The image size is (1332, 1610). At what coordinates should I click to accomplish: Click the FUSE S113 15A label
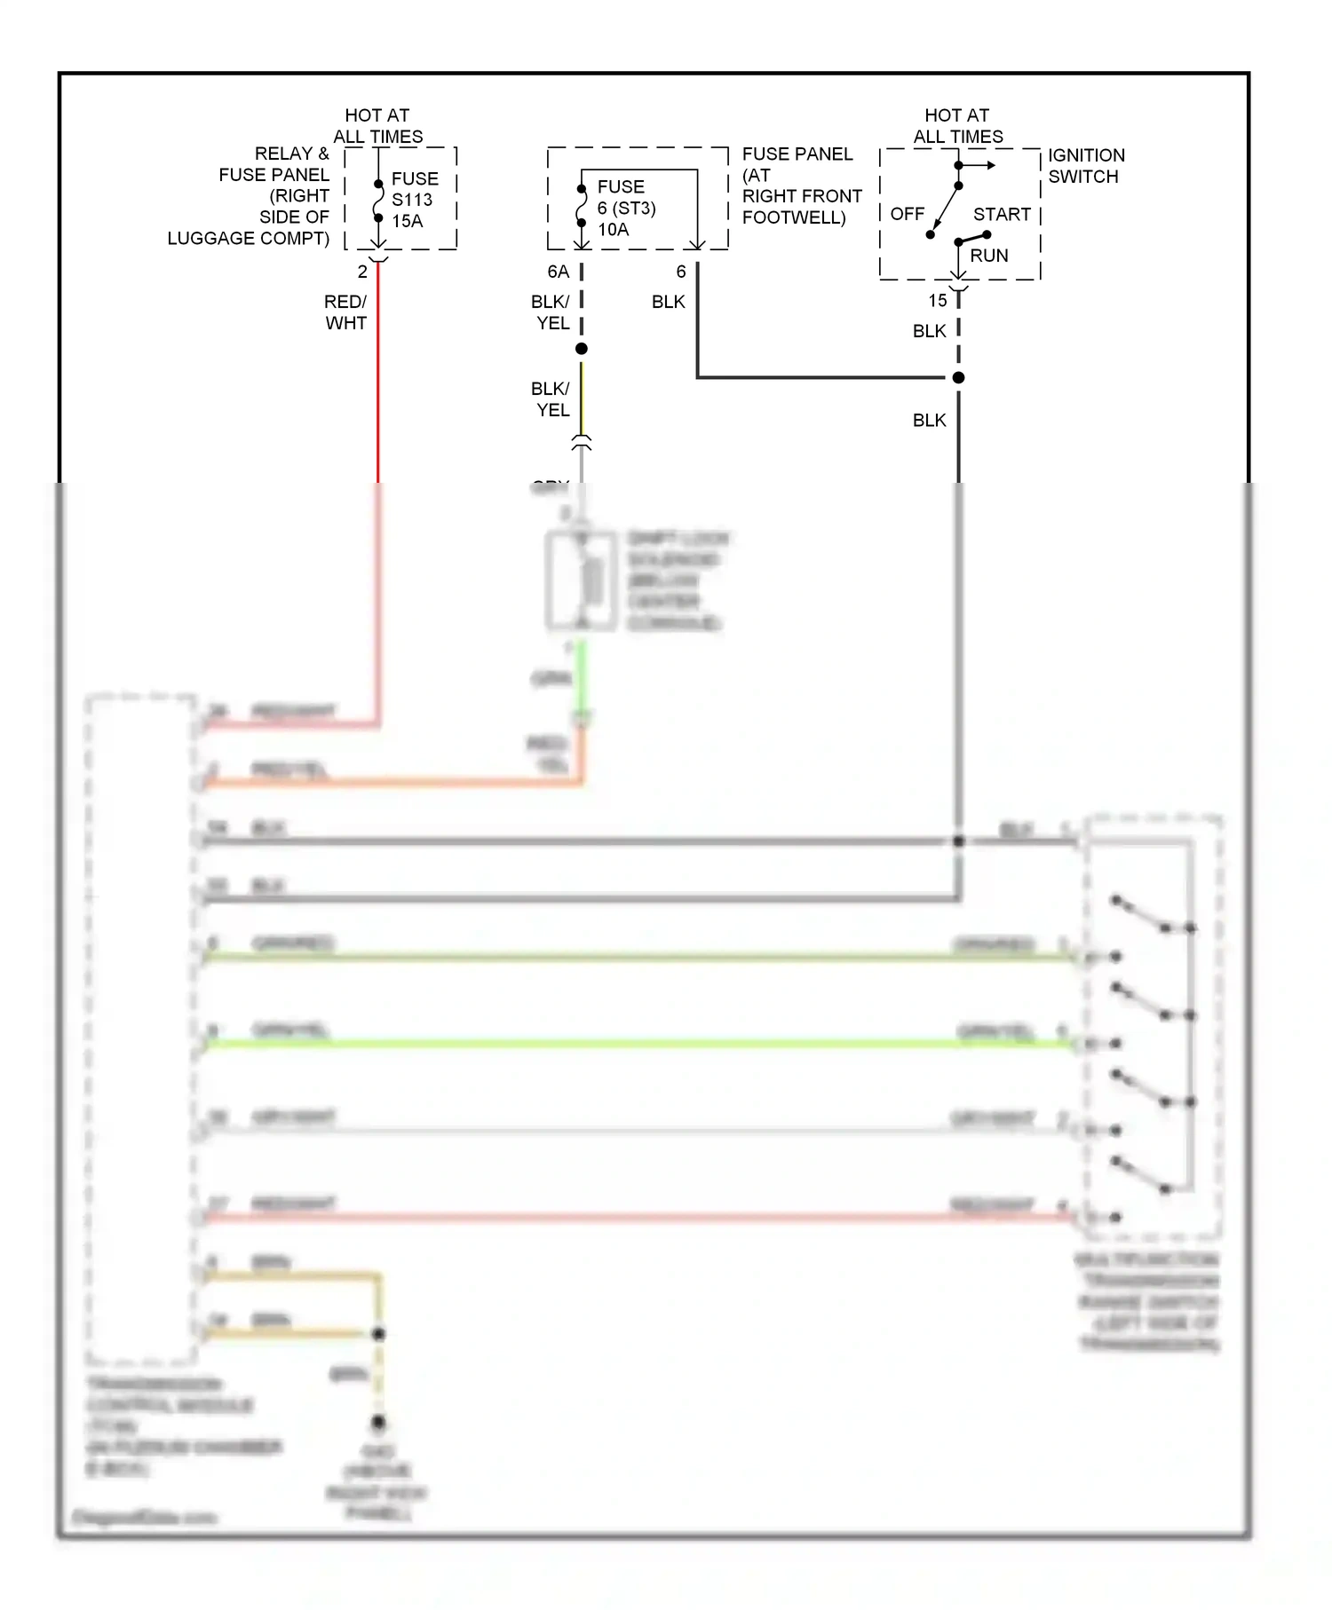tap(414, 200)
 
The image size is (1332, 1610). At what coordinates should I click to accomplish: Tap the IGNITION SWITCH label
tap(1085, 166)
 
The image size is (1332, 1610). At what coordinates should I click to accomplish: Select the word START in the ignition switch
tap(1001, 215)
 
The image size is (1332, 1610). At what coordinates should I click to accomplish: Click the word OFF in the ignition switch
tap(907, 214)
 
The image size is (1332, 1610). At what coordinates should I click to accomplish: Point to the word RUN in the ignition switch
tap(988, 256)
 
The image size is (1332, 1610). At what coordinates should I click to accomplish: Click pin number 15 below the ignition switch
tap(938, 301)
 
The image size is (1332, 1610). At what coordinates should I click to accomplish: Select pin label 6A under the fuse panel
tap(558, 272)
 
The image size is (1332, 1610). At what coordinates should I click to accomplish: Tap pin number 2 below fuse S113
tap(362, 272)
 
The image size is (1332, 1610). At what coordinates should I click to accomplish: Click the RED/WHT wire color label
tap(345, 312)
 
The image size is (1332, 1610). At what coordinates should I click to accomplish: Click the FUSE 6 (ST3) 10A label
tap(625, 208)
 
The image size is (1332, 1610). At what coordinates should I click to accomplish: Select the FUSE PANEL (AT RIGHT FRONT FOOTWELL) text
tap(800, 185)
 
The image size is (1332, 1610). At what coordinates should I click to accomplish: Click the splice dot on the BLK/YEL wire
tap(582, 349)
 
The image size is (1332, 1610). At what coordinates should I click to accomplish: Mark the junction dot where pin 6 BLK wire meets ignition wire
tap(958, 378)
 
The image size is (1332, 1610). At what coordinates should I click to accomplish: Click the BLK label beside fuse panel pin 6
tap(668, 302)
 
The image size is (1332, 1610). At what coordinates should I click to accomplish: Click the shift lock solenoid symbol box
tap(582, 581)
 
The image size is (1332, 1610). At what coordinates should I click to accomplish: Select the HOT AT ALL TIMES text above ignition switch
tap(957, 126)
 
